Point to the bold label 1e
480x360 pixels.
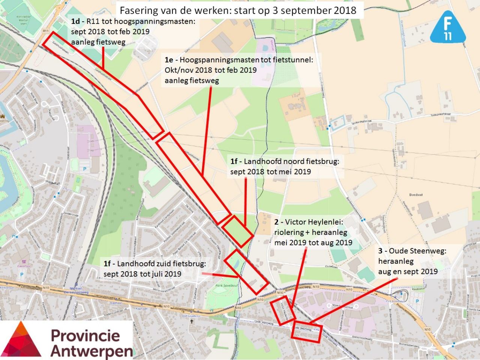click(169, 60)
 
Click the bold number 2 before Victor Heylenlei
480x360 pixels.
click(276, 222)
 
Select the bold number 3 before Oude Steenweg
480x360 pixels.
click(380, 251)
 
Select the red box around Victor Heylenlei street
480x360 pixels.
click(282, 310)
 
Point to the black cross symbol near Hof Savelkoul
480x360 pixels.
click(192, 321)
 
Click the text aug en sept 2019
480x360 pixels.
click(408, 271)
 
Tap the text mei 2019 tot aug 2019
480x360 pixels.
click(313, 243)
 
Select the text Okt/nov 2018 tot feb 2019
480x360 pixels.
click(210, 70)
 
